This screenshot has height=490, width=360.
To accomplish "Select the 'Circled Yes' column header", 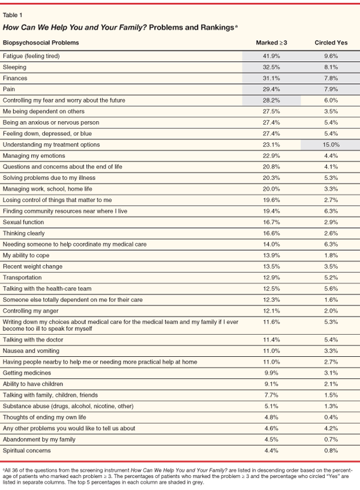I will pyautogui.click(x=331, y=43).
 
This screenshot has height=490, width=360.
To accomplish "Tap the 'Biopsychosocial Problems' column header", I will pyautogui.click(x=41, y=43).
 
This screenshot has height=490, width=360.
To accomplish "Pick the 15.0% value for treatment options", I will pyautogui.click(x=331, y=145).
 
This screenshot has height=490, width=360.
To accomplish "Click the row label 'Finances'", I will pyautogui.click(x=15, y=79).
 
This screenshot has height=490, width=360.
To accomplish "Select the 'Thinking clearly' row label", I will pyautogui.click(x=22, y=233).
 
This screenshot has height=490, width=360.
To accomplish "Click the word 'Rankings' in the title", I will pyautogui.click(x=203, y=28).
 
